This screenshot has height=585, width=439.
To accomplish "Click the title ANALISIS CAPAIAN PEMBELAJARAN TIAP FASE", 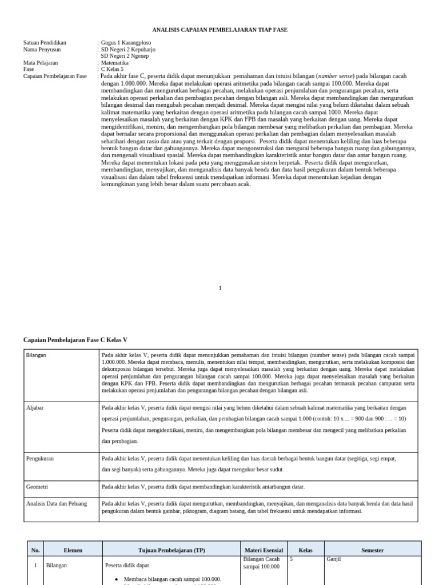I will (x=220, y=29).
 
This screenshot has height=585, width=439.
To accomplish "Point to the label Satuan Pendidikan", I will (x=45, y=43).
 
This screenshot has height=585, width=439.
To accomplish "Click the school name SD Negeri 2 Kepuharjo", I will (x=128, y=50).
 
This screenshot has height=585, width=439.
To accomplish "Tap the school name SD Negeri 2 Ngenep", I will (x=125, y=56).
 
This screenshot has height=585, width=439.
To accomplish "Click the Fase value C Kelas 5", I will (x=112, y=70).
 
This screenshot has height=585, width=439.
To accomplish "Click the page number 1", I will (x=220, y=289).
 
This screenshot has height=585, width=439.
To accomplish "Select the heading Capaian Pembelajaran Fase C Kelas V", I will (x=75, y=340).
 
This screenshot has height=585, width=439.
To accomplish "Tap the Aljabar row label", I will (x=35, y=408).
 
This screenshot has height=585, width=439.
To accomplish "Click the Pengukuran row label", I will (x=40, y=458).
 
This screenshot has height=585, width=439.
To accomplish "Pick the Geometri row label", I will (x=37, y=487).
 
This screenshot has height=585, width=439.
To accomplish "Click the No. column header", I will (x=35, y=550).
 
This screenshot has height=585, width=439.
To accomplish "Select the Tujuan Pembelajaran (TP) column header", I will (x=171, y=550).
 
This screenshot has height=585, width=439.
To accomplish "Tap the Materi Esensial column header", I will (x=264, y=550).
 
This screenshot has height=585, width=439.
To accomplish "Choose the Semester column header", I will (x=372, y=550).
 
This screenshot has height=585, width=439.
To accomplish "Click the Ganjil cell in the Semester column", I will (x=333, y=559).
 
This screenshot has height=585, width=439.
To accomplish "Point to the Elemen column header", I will (x=73, y=550).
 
